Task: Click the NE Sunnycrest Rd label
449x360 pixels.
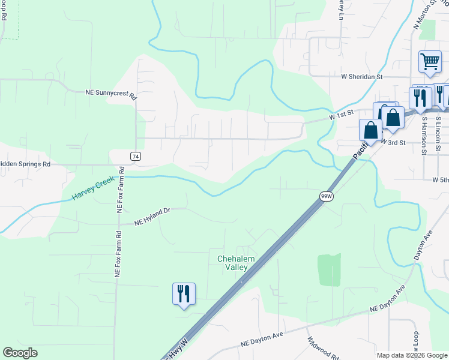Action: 111,94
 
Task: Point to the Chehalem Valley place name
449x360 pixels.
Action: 236,263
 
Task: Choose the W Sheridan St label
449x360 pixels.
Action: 361,77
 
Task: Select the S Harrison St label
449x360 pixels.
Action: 424,135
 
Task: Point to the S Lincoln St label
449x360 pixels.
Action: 438,135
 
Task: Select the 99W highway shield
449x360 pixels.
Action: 326,196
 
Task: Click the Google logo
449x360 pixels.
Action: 20,353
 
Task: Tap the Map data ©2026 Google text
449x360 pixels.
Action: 412,355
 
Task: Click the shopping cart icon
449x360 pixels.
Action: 430,62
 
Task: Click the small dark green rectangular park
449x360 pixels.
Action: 328,269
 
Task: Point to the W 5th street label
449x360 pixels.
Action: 440,179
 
